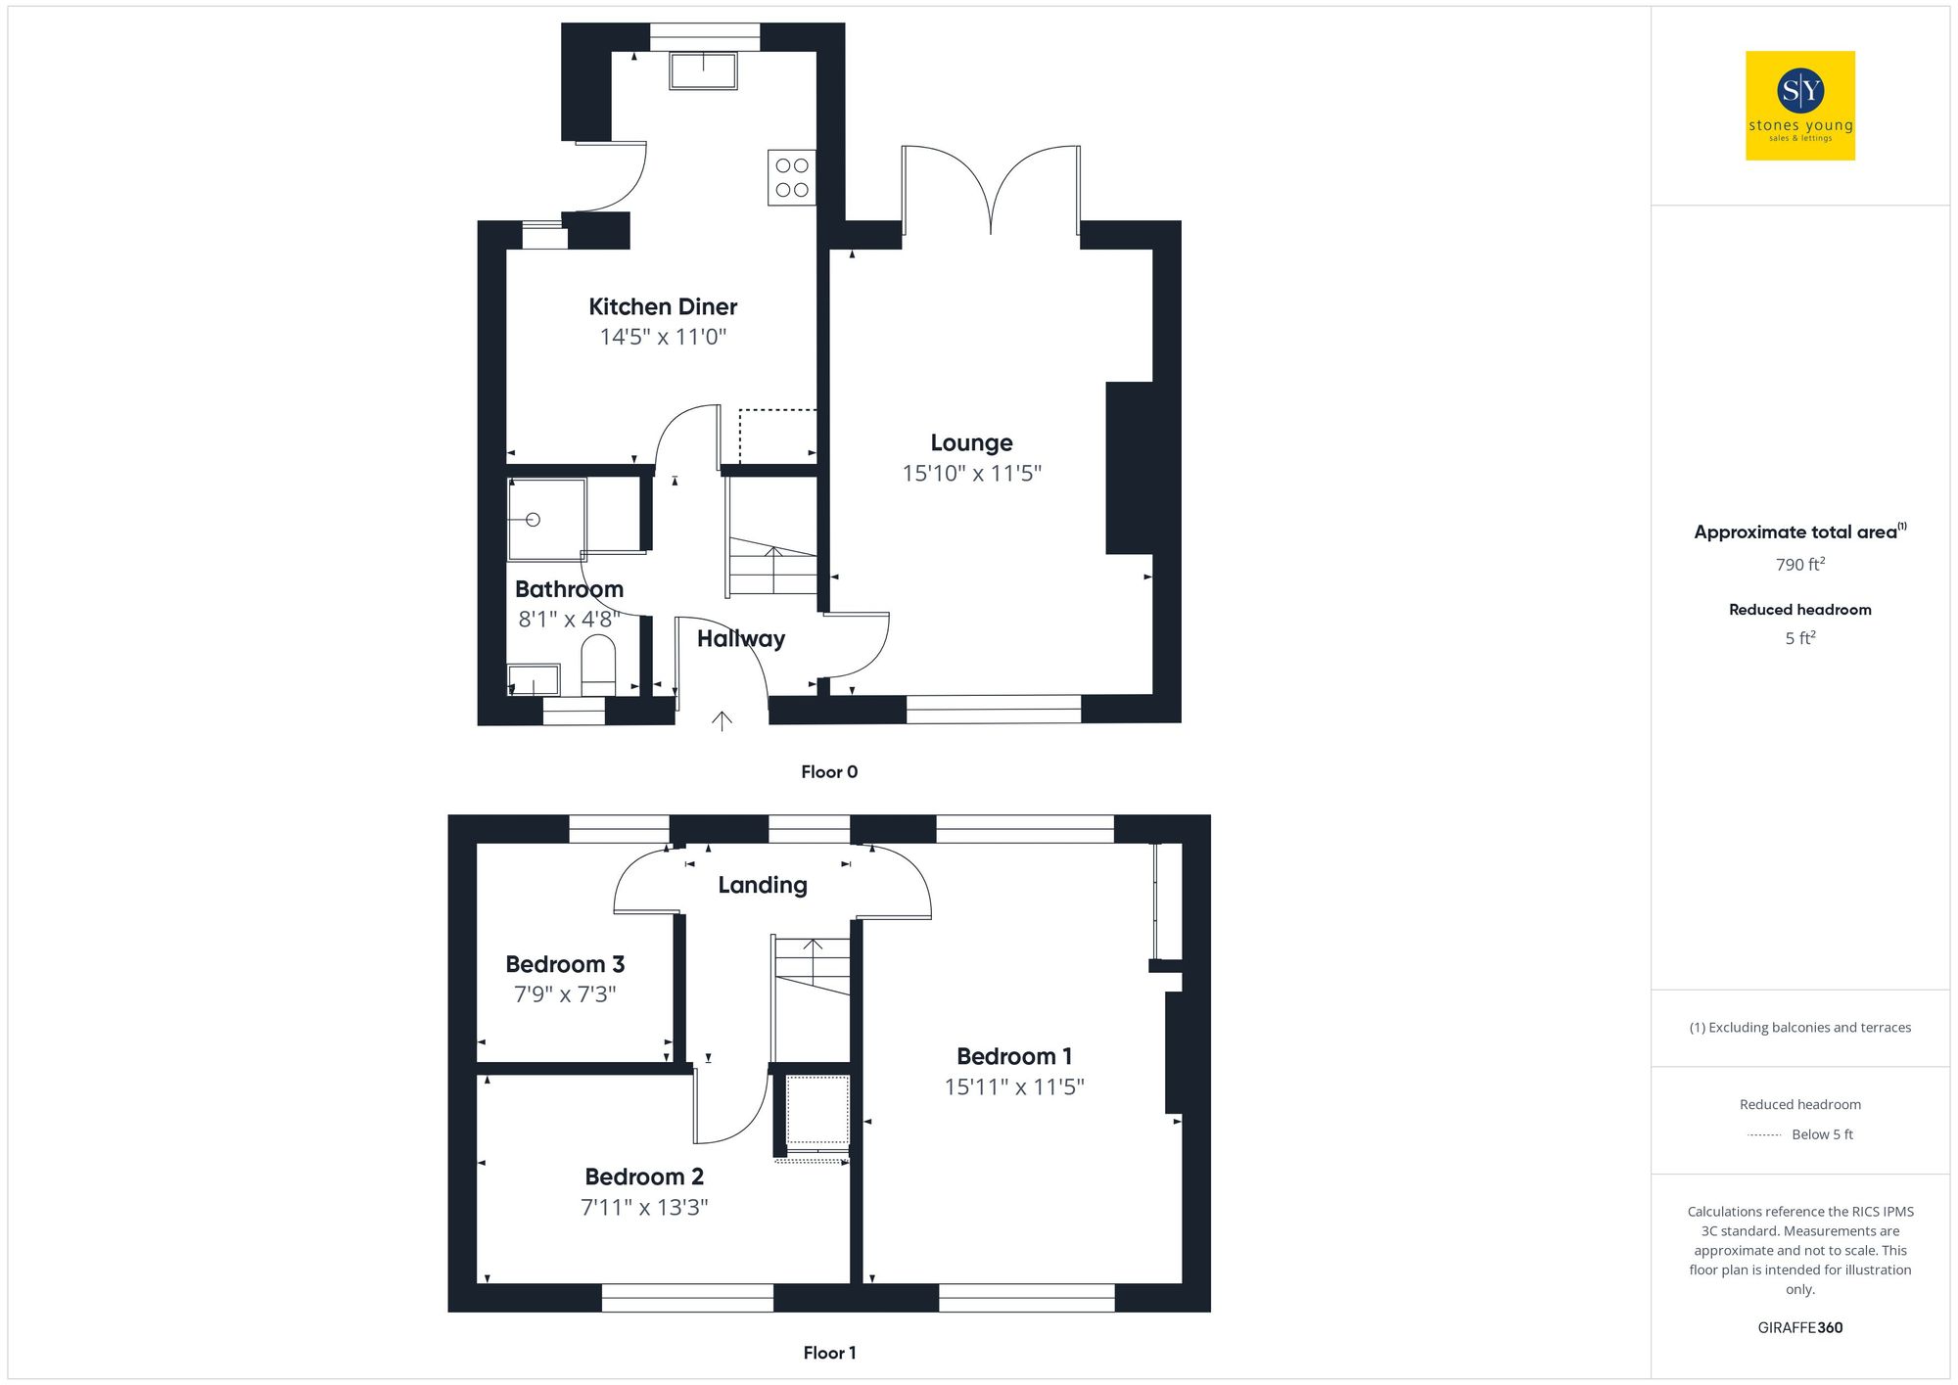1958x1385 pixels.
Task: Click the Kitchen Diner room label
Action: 663,306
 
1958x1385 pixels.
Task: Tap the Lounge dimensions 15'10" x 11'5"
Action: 971,474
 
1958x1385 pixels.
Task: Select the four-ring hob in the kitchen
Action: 792,177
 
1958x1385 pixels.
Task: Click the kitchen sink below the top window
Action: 703,70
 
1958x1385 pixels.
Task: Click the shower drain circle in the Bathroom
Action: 534,521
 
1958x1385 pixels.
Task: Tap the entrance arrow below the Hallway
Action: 722,721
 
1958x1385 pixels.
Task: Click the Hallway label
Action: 741,639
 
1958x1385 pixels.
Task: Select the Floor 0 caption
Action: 829,772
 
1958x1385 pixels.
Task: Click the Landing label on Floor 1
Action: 763,885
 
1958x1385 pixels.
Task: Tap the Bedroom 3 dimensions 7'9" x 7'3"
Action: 565,994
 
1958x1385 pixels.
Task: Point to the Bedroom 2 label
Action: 644,1177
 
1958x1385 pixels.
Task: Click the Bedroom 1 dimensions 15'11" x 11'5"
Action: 1014,1087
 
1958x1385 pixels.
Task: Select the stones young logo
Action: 1800,106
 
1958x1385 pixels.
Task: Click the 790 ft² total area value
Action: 1799,565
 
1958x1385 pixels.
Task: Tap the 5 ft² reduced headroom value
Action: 1799,638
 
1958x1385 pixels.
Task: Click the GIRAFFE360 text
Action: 1799,1328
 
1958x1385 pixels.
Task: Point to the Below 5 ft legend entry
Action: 1821,1134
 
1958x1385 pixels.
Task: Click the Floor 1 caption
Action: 829,1353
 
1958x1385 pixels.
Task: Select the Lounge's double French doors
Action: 991,191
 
